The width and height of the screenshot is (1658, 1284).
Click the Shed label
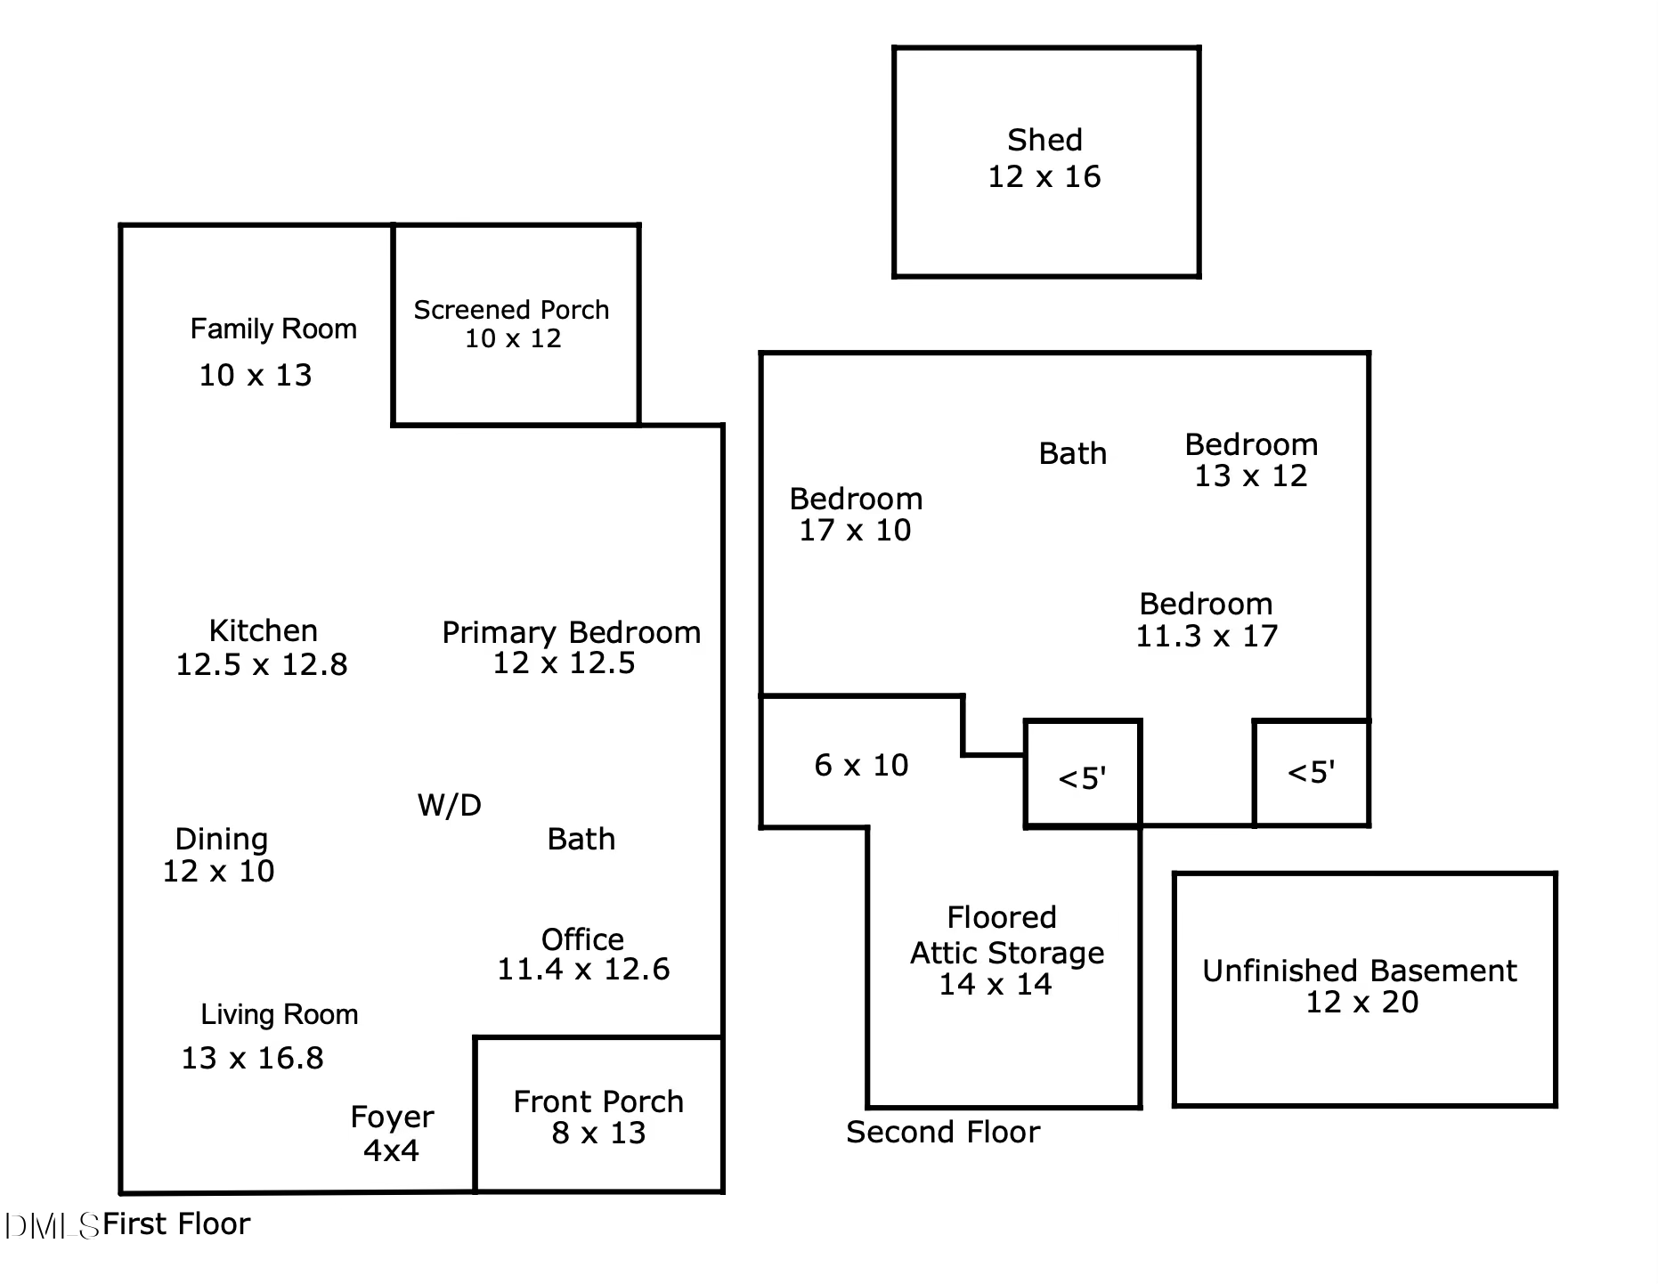pos(1044,141)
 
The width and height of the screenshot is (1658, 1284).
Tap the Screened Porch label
pos(511,310)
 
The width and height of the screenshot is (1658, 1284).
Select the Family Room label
pos(273,329)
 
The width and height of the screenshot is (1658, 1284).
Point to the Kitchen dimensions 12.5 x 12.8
pos(262,664)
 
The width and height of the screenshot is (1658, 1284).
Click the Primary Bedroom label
pos(572,632)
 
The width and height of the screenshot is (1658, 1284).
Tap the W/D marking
pos(450,805)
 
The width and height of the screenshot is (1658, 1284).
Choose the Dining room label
pos(221,839)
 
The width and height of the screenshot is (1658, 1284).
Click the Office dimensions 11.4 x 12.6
pos(583,969)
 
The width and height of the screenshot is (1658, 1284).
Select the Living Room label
pos(280,1014)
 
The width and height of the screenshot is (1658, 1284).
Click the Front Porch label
pos(598,1101)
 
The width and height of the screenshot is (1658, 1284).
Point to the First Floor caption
pos(176,1224)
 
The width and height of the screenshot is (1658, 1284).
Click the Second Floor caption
pos(943,1132)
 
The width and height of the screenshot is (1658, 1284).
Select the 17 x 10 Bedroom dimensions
pos(855,531)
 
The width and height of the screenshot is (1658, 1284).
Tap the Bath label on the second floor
pos(1073,453)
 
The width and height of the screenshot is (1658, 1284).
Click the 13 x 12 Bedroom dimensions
pos(1251,476)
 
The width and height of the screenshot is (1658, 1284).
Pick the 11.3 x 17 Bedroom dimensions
pos(1207,636)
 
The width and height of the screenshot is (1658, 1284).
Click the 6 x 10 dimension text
pos(861,765)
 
